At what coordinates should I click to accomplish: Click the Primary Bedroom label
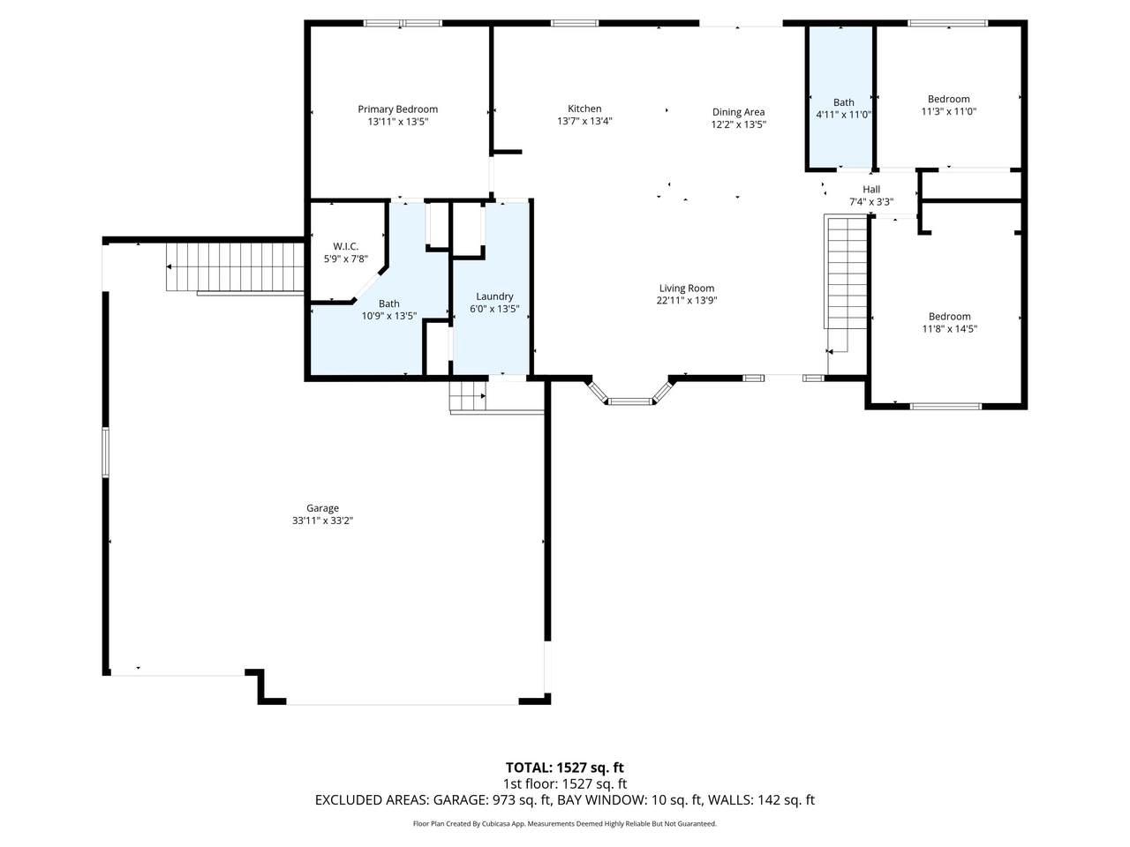(397, 109)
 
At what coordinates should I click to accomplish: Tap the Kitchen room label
(584, 109)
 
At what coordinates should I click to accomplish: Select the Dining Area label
(738, 112)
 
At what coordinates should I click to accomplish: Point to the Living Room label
(687, 288)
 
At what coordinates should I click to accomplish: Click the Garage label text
(322, 508)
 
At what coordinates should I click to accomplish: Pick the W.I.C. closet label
(345, 246)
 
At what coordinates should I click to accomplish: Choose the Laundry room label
(494, 296)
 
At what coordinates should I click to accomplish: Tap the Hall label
(871, 189)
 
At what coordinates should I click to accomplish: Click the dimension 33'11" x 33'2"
(322, 521)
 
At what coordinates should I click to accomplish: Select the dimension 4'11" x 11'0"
(843, 115)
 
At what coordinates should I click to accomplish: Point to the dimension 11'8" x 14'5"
(949, 328)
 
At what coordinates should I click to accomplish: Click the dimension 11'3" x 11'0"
(948, 111)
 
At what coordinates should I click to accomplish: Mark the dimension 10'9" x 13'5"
(388, 316)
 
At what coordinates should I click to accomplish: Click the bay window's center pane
(630, 401)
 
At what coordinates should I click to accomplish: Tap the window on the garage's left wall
(105, 452)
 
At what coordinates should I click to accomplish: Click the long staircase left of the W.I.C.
(235, 266)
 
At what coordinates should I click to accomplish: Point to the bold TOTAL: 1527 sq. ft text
(565, 768)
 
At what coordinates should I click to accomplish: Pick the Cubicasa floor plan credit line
(565, 823)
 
